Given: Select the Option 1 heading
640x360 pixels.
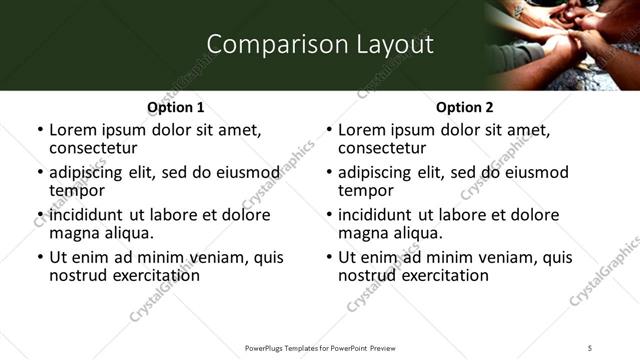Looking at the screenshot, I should click(176, 107).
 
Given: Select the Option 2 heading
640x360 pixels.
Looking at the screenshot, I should click(464, 107).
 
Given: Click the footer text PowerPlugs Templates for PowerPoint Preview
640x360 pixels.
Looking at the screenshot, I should click(320, 348).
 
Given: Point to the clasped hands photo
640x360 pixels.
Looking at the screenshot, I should click(565, 45).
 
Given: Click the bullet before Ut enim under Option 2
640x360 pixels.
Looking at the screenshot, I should click(329, 258).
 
